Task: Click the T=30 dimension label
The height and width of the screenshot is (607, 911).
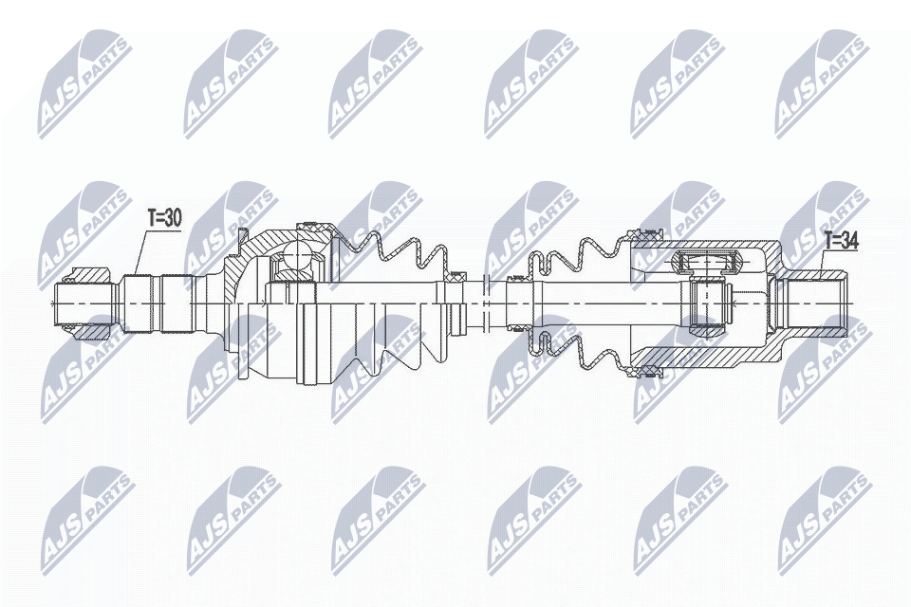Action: (x=165, y=218)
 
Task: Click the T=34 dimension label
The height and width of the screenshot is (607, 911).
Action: (x=842, y=241)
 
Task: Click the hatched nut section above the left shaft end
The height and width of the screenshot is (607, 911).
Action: (x=91, y=274)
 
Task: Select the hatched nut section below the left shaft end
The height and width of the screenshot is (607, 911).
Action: (x=91, y=332)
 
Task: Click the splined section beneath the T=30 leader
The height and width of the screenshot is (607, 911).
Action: (x=156, y=303)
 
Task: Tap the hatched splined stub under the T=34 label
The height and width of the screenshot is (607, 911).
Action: (x=809, y=303)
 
